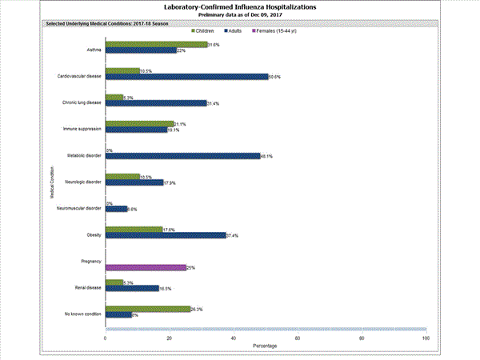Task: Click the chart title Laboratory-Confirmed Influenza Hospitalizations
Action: (240, 7)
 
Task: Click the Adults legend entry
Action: (238, 31)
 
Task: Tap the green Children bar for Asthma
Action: (156, 45)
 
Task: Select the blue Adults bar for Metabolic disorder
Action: (182, 156)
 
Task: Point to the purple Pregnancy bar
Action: (146, 267)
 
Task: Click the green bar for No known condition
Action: (147, 309)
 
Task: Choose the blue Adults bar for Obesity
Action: (166, 235)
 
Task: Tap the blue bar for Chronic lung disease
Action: (156, 103)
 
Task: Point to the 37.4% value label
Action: (232, 235)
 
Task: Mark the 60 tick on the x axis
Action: (298, 338)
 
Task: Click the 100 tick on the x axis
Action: (426, 338)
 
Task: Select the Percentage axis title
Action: (266, 346)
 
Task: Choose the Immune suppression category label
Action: (82, 129)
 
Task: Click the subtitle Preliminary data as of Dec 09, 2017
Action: (240, 15)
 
